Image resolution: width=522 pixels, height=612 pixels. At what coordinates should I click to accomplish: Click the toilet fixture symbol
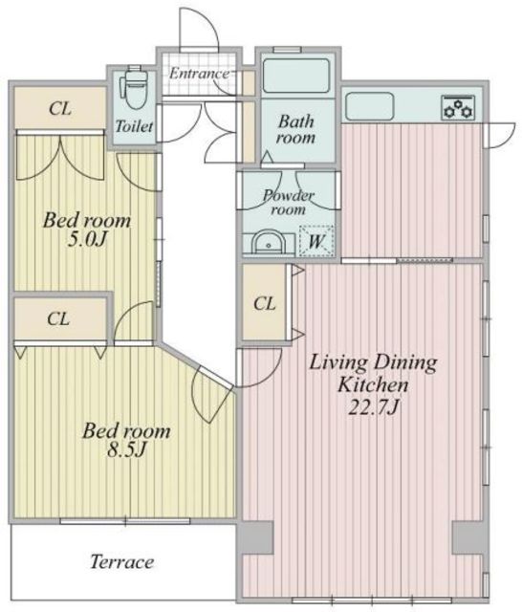(134, 89)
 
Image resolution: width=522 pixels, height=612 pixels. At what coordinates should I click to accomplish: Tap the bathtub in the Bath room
(296, 76)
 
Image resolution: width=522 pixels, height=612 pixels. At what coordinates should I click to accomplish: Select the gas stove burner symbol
(458, 107)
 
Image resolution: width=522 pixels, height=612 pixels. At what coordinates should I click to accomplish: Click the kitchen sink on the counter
(369, 106)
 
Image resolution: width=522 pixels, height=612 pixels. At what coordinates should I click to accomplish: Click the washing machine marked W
(316, 241)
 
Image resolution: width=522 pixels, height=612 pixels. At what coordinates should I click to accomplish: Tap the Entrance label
(200, 74)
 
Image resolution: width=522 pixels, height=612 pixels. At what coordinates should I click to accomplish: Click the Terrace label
(121, 562)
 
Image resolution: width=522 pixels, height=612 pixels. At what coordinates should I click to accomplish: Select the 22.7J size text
(374, 407)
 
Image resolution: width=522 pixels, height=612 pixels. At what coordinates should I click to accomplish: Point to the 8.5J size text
(126, 450)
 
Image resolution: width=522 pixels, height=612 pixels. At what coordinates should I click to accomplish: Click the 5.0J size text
(87, 239)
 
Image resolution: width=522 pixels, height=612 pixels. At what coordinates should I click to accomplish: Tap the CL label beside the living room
(264, 303)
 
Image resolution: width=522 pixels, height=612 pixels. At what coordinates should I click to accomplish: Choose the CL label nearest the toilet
(60, 108)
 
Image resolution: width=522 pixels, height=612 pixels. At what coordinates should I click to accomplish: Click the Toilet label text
(134, 126)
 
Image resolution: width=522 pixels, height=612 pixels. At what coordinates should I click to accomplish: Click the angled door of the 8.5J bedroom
(210, 394)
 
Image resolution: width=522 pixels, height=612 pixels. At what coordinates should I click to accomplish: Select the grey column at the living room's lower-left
(255, 537)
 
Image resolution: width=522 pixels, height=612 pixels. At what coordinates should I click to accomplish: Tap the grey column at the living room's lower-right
(470, 537)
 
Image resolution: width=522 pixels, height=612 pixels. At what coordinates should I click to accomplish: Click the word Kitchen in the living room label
(373, 384)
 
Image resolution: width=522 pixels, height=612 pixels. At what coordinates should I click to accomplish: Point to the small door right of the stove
(499, 135)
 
